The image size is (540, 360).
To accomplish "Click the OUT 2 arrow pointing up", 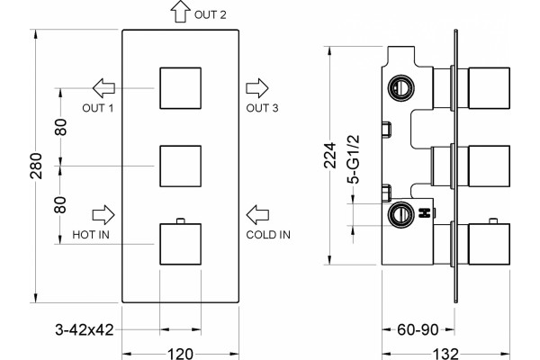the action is (x=181, y=12).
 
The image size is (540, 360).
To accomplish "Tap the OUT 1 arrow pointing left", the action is (x=103, y=88).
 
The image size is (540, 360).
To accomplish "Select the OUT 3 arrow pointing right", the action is (x=256, y=88).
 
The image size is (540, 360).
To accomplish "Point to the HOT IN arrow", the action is (x=103, y=215).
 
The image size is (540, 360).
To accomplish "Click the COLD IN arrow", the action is (x=257, y=215).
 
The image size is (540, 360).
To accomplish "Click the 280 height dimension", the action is (x=36, y=166).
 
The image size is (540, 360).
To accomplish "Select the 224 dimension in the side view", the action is (x=330, y=155).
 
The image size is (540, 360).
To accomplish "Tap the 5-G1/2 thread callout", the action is (x=354, y=159).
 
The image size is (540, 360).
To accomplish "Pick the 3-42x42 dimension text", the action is (x=85, y=329).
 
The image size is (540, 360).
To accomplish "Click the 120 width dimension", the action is (x=181, y=354).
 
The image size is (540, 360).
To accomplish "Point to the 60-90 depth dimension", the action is (x=418, y=329).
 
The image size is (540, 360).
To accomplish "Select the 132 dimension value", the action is (x=446, y=354).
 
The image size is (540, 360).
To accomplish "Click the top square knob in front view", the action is (x=181, y=88).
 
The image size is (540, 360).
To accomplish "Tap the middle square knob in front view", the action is (x=181, y=166).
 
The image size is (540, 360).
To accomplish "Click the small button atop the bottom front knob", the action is (x=181, y=220).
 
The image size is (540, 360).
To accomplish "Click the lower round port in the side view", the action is (x=400, y=214).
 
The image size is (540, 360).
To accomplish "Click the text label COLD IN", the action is (x=268, y=235).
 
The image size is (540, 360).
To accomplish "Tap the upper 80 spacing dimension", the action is (x=60, y=127).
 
